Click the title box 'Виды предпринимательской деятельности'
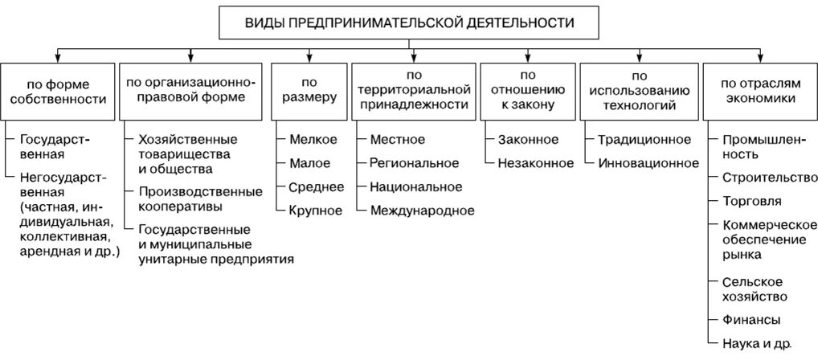pos(409,23)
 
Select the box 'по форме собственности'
pos(57,90)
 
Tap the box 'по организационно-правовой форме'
pos(190,90)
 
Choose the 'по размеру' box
pos(309,90)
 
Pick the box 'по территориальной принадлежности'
pos(414,90)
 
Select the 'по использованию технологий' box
pos(640,90)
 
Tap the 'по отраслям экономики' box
pos(759,90)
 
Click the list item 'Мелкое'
pos(314,140)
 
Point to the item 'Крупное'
pos(316,211)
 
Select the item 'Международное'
pos(422,211)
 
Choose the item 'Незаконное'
pos(535,163)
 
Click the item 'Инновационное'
pos(648,163)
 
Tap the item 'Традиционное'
pos(644,140)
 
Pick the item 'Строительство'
pos(764,177)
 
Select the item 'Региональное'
pos(414,163)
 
